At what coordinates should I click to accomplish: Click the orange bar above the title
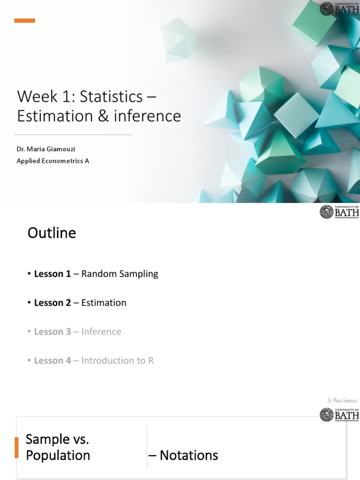(24, 21)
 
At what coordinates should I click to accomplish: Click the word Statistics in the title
(111, 97)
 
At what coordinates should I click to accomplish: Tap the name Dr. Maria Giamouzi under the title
(46, 149)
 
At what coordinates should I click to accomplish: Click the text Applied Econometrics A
(53, 161)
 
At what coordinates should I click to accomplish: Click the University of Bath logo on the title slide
(339, 8)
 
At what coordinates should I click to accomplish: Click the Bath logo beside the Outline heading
(339, 212)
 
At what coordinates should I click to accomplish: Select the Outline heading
(52, 233)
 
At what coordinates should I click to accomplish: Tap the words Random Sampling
(120, 274)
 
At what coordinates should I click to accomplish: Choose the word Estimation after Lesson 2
(104, 303)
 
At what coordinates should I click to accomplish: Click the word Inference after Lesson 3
(101, 332)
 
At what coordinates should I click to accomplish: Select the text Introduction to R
(118, 360)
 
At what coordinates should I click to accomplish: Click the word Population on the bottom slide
(58, 455)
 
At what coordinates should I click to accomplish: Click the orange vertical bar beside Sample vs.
(16, 447)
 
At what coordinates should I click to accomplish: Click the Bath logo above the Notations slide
(339, 414)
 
